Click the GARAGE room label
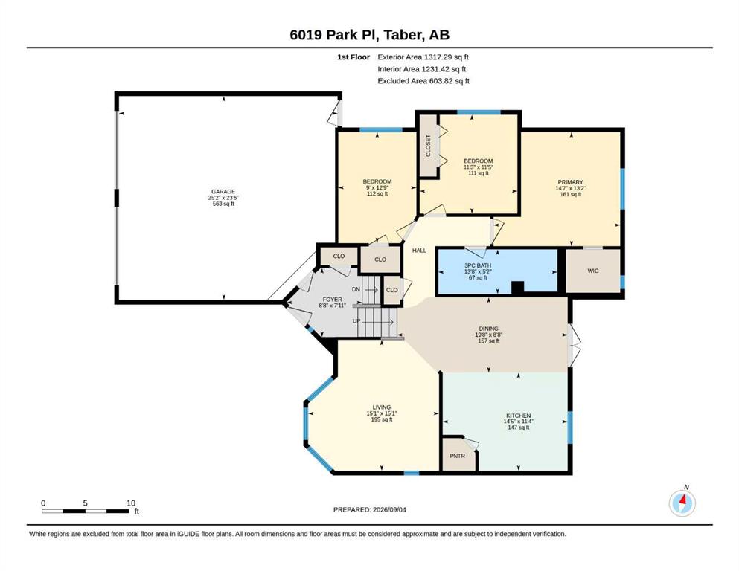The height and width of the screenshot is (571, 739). point(223,192)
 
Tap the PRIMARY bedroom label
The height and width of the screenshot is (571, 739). point(570,182)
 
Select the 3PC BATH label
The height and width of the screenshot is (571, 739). point(478,265)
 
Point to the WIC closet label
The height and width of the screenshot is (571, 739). point(593,271)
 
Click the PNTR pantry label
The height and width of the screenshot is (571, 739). point(457,456)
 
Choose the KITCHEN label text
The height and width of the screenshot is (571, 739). point(519,416)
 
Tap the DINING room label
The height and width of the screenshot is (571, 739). point(488,329)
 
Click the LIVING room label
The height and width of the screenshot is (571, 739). point(381,407)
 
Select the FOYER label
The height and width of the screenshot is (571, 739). point(332,300)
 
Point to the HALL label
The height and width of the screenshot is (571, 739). point(419,251)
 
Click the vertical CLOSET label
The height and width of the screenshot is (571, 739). point(429,146)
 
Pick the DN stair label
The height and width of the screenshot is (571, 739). point(356,289)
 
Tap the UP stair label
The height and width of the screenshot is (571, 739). point(356,321)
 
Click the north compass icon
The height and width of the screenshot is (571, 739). point(682,503)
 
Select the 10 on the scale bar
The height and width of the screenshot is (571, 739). point(131,503)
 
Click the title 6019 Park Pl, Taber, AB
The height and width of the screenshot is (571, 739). point(369,35)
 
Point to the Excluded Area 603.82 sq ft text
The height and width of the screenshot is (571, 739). point(423,81)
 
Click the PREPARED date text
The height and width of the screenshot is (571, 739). point(369,509)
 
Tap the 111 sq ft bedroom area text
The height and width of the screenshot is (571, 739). point(478,173)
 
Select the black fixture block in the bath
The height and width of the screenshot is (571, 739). point(517,288)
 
